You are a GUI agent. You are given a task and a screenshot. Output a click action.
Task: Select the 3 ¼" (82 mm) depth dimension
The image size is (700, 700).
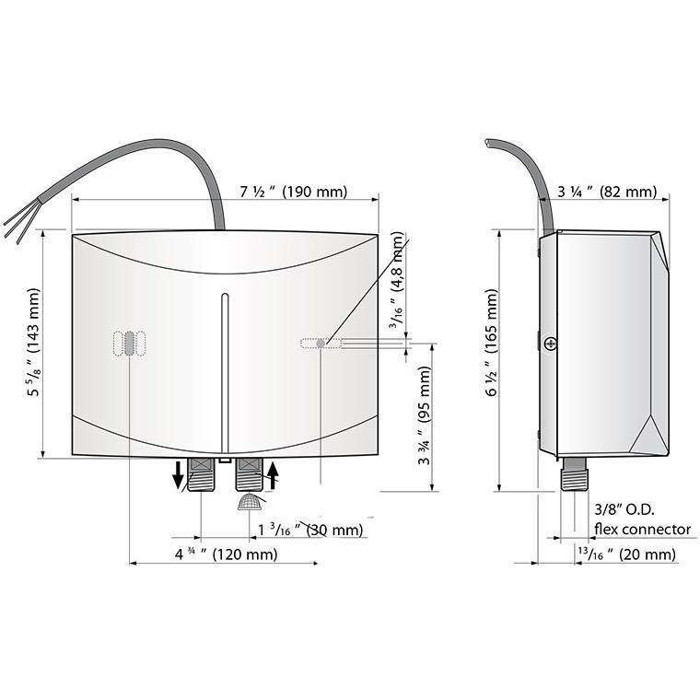(607, 192)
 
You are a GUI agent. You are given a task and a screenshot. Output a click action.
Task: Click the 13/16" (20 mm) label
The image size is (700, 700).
(626, 554)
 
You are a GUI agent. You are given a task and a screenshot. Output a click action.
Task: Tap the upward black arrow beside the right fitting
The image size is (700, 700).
(274, 477)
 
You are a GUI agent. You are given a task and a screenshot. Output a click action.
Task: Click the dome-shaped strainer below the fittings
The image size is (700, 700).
(250, 501)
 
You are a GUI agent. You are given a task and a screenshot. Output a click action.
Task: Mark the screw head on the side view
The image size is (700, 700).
(550, 344)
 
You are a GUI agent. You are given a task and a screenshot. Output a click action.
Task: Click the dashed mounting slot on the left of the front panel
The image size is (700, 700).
(130, 344)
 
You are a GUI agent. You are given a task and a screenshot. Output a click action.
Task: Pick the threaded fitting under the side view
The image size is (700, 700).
(574, 476)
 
